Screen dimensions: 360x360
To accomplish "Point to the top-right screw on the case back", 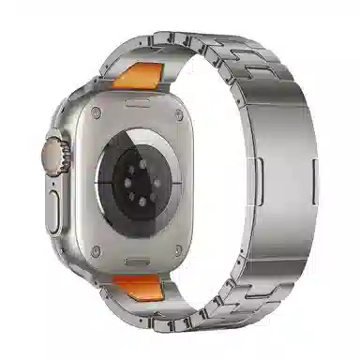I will point(179,109).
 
